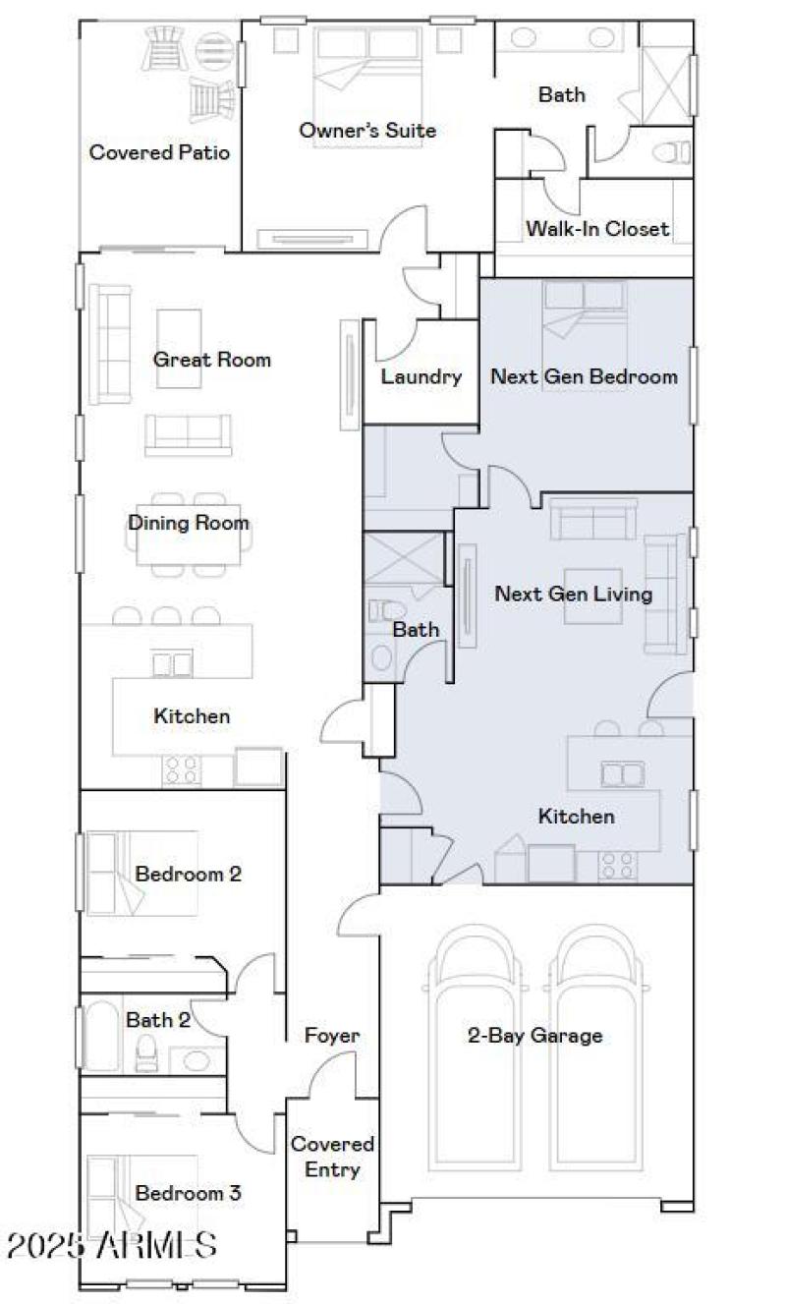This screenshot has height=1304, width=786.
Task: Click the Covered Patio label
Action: click(159, 153)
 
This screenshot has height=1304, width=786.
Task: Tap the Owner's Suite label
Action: click(367, 131)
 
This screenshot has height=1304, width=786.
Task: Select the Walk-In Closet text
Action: click(596, 229)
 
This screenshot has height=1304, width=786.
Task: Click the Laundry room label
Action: click(421, 376)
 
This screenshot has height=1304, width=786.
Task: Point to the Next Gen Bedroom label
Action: click(584, 376)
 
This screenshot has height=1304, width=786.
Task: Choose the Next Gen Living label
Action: click(573, 594)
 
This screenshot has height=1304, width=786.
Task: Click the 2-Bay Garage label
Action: click(534, 1035)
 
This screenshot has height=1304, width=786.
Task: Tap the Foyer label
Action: click(332, 1036)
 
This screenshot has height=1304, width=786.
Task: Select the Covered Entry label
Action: click(332, 1157)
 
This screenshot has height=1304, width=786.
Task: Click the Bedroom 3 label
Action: click(188, 1194)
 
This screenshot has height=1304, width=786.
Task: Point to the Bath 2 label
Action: click(157, 1020)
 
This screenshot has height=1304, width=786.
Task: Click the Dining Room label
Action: click(188, 523)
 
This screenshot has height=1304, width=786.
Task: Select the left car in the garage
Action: click(471, 1047)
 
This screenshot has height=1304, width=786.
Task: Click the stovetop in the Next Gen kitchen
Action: click(617, 865)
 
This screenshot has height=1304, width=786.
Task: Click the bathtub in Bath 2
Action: click(102, 1037)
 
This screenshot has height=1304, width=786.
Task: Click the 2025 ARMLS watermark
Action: click(111, 1245)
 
